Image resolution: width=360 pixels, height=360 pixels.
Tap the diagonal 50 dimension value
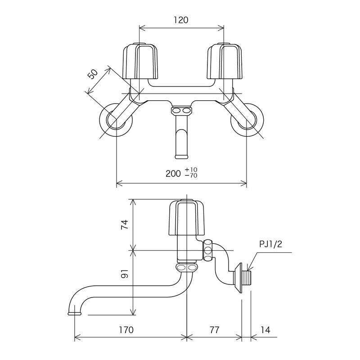(x=93, y=74)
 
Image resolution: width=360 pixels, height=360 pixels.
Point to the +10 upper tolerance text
(x=191, y=170)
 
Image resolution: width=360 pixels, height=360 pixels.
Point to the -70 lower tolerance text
(x=191, y=175)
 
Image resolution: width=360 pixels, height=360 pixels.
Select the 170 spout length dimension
(x=126, y=330)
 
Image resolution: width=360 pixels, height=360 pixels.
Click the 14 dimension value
(x=265, y=330)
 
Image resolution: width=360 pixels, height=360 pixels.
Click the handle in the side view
(x=187, y=218)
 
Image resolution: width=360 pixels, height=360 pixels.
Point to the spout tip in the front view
(x=181, y=155)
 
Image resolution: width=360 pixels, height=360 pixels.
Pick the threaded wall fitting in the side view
(x=245, y=278)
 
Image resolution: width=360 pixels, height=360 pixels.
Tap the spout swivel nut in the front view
(x=181, y=110)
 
